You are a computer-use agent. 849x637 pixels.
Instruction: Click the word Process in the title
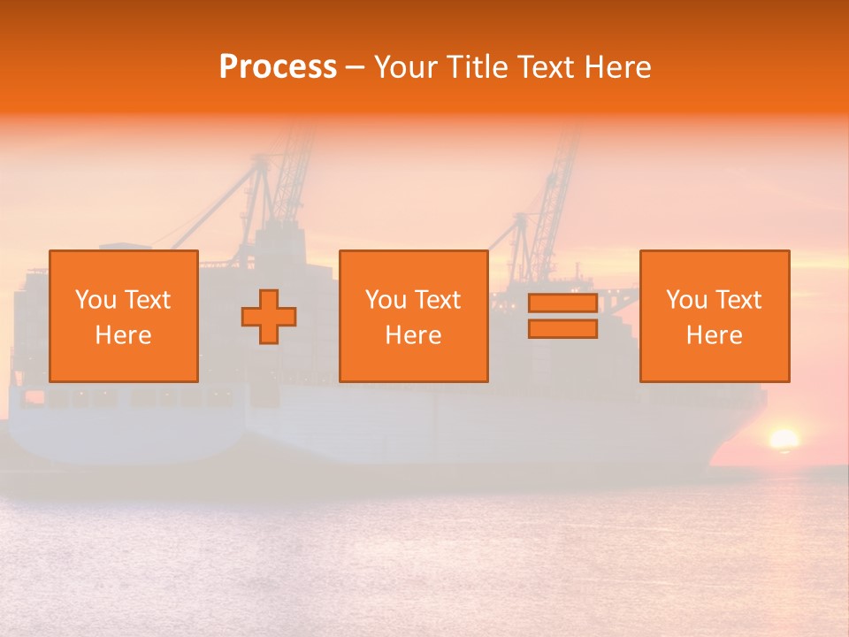pyautogui.click(x=278, y=67)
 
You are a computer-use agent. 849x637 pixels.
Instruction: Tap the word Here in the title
pyautogui.click(x=617, y=67)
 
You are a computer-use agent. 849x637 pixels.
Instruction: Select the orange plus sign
pyautogui.click(x=269, y=317)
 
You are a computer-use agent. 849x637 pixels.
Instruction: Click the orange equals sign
pyautogui.click(x=562, y=316)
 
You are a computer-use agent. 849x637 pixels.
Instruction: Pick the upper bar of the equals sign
pyautogui.click(x=562, y=303)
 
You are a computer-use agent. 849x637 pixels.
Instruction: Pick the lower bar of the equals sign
pyautogui.click(x=562, y=328)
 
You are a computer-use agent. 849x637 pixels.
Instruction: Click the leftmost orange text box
pyautogui.click(x=124, y=316)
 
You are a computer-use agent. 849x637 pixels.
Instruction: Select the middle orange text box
pyautogui.click(x=413, y=316)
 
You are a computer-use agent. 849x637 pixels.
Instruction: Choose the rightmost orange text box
pyautogui.click(x=715, y=316)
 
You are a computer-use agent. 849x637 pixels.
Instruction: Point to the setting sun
pyautogui.click(x=784, y=439)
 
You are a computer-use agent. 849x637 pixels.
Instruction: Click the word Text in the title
pyautogui.click(x=546, y=67)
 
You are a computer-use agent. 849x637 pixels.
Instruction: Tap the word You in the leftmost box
pyautogui.click(x=96, y=300)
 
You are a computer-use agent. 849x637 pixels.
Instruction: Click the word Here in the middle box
pyautogui.click(x=413, y=335)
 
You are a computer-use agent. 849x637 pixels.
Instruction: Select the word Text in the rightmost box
pyautogui.click(x=739, y=300)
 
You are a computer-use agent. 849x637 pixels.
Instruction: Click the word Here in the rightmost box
pyautogui.click(x=715, y=335)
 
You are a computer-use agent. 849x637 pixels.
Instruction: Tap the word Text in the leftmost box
pyautogui.click(x=148, y=300)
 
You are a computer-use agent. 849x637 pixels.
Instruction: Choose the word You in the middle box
pyautogui.click(x=386, y=300)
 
